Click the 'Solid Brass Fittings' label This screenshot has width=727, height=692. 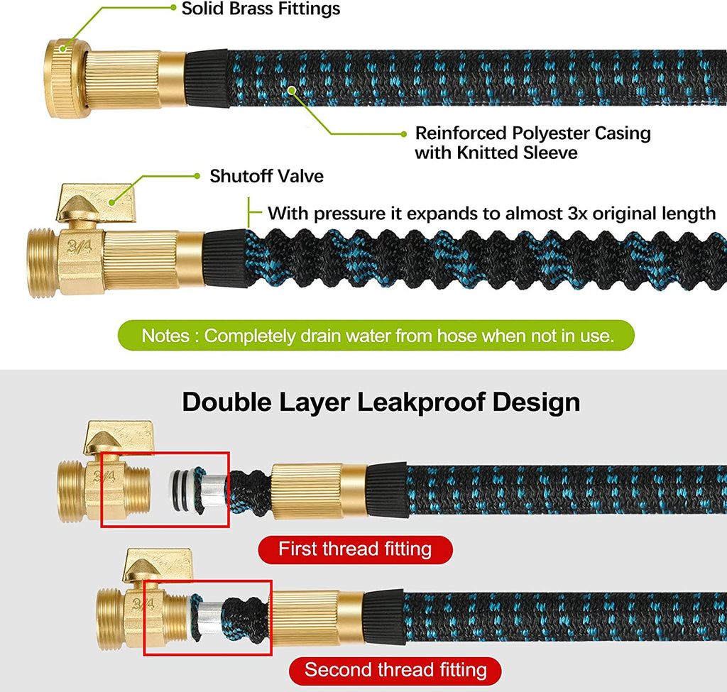[x=261, y=9]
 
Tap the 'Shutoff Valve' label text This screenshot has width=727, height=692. [x=266, y=176]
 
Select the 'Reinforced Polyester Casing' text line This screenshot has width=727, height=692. [x=532, y=133]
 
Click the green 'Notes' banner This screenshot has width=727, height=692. [x=376, y=335]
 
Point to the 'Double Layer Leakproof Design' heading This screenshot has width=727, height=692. [x=381, y=402]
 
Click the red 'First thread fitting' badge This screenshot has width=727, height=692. [x=355, y=549]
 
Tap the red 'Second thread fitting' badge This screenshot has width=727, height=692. [x=395, y=670]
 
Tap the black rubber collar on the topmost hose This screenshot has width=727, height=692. [x=207, y=77]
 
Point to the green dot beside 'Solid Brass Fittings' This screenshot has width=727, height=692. [x=173, y=8]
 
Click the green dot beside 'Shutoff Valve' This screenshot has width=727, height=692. [x=197, y=175]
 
